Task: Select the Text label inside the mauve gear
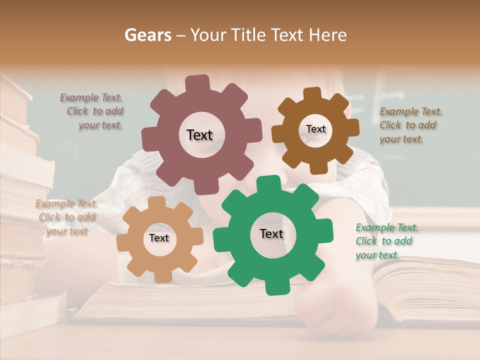pyautogui.click(x=199, y=135)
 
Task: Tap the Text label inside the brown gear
pyautogui.click(x=315, y=129)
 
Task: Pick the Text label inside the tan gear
pyautogui.click(x=158, y=238)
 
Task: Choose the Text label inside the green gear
pyautogui.click(x=271, y=234)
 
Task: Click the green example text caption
pyautogui.click(x=386, y=241)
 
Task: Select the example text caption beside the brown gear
pyautogui.click(x=410, y=125)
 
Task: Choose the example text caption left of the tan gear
pyautogui.click(x=66, y=217)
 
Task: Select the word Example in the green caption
pyautogui.click(x=373, y=228)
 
